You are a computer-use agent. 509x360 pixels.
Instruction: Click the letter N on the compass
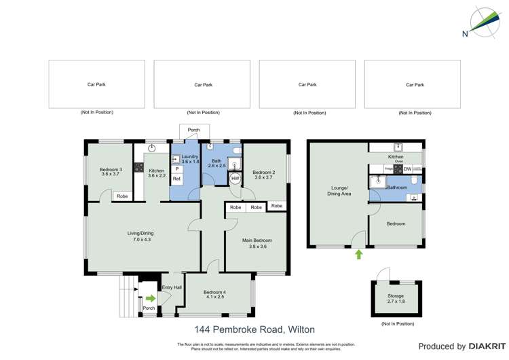tap(465, 33)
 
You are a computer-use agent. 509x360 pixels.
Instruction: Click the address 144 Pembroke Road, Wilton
tap(254, 329)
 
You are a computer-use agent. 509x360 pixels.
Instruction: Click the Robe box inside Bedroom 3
tap(121, 196)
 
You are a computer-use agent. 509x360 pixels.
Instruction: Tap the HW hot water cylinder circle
tap(235, 179)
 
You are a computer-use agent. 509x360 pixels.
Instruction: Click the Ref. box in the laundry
tap(176, 179)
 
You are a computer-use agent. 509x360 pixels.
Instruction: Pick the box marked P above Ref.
tap(176, 168)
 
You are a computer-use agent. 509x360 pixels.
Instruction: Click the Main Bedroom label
tap(257, 243)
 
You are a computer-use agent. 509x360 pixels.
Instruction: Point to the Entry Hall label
tap(172, 287)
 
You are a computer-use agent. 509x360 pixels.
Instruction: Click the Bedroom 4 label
tap(214, 295)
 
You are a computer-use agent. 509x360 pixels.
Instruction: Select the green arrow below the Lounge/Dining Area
tap(359, 254)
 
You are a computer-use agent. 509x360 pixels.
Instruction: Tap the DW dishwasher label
tap(407, 168)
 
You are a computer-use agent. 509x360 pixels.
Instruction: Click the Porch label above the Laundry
tap(193, 129)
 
